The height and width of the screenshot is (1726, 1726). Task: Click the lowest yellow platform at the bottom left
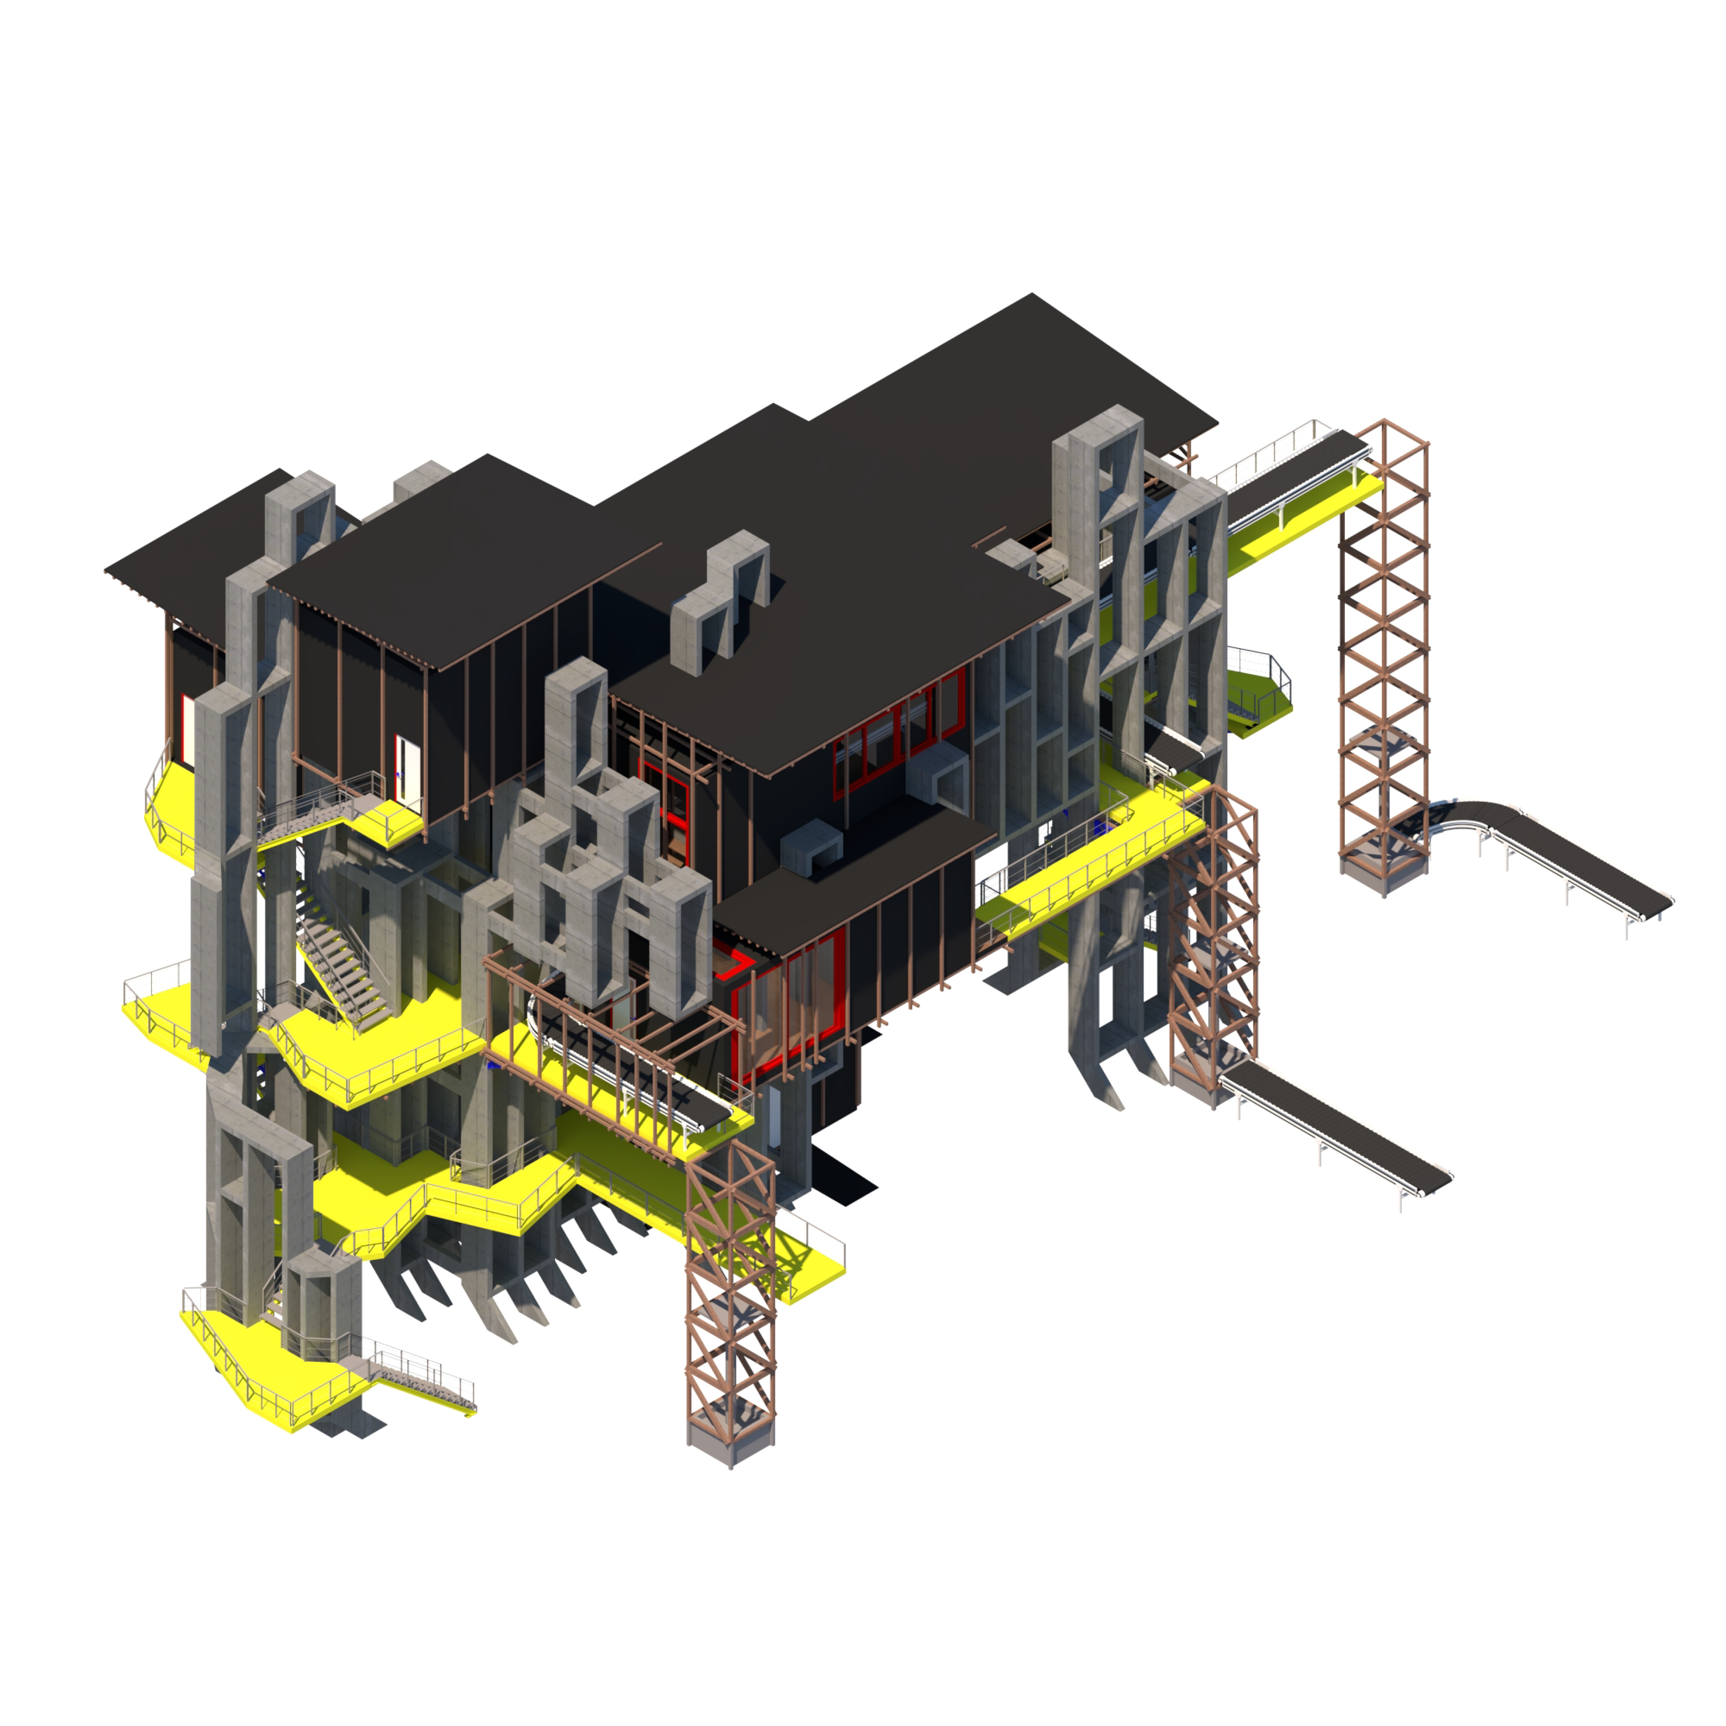tap(268, 1367)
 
